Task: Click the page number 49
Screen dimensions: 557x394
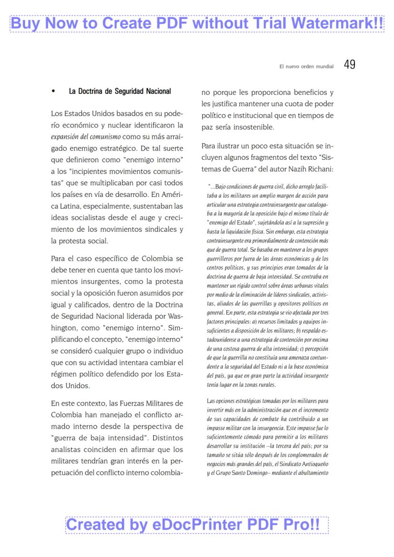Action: (350, 65)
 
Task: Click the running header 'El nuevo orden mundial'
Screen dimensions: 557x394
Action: (306, 67)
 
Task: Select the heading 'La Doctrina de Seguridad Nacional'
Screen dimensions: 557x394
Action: (120, 91)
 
